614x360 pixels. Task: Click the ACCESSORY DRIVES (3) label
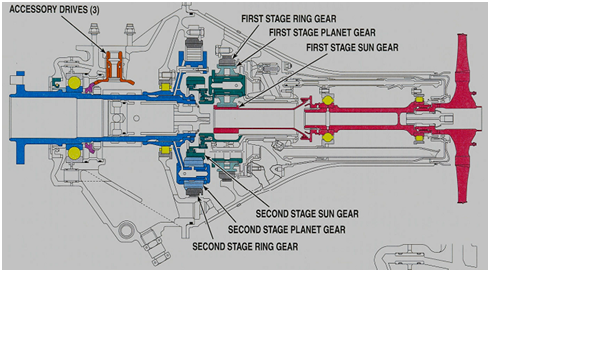point(55,10)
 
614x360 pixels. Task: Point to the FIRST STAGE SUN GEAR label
point(351,47)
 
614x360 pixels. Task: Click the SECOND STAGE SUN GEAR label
point(307,213)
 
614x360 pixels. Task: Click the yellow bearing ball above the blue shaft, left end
point(73,80)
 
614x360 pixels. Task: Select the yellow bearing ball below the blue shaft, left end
point(73,155)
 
